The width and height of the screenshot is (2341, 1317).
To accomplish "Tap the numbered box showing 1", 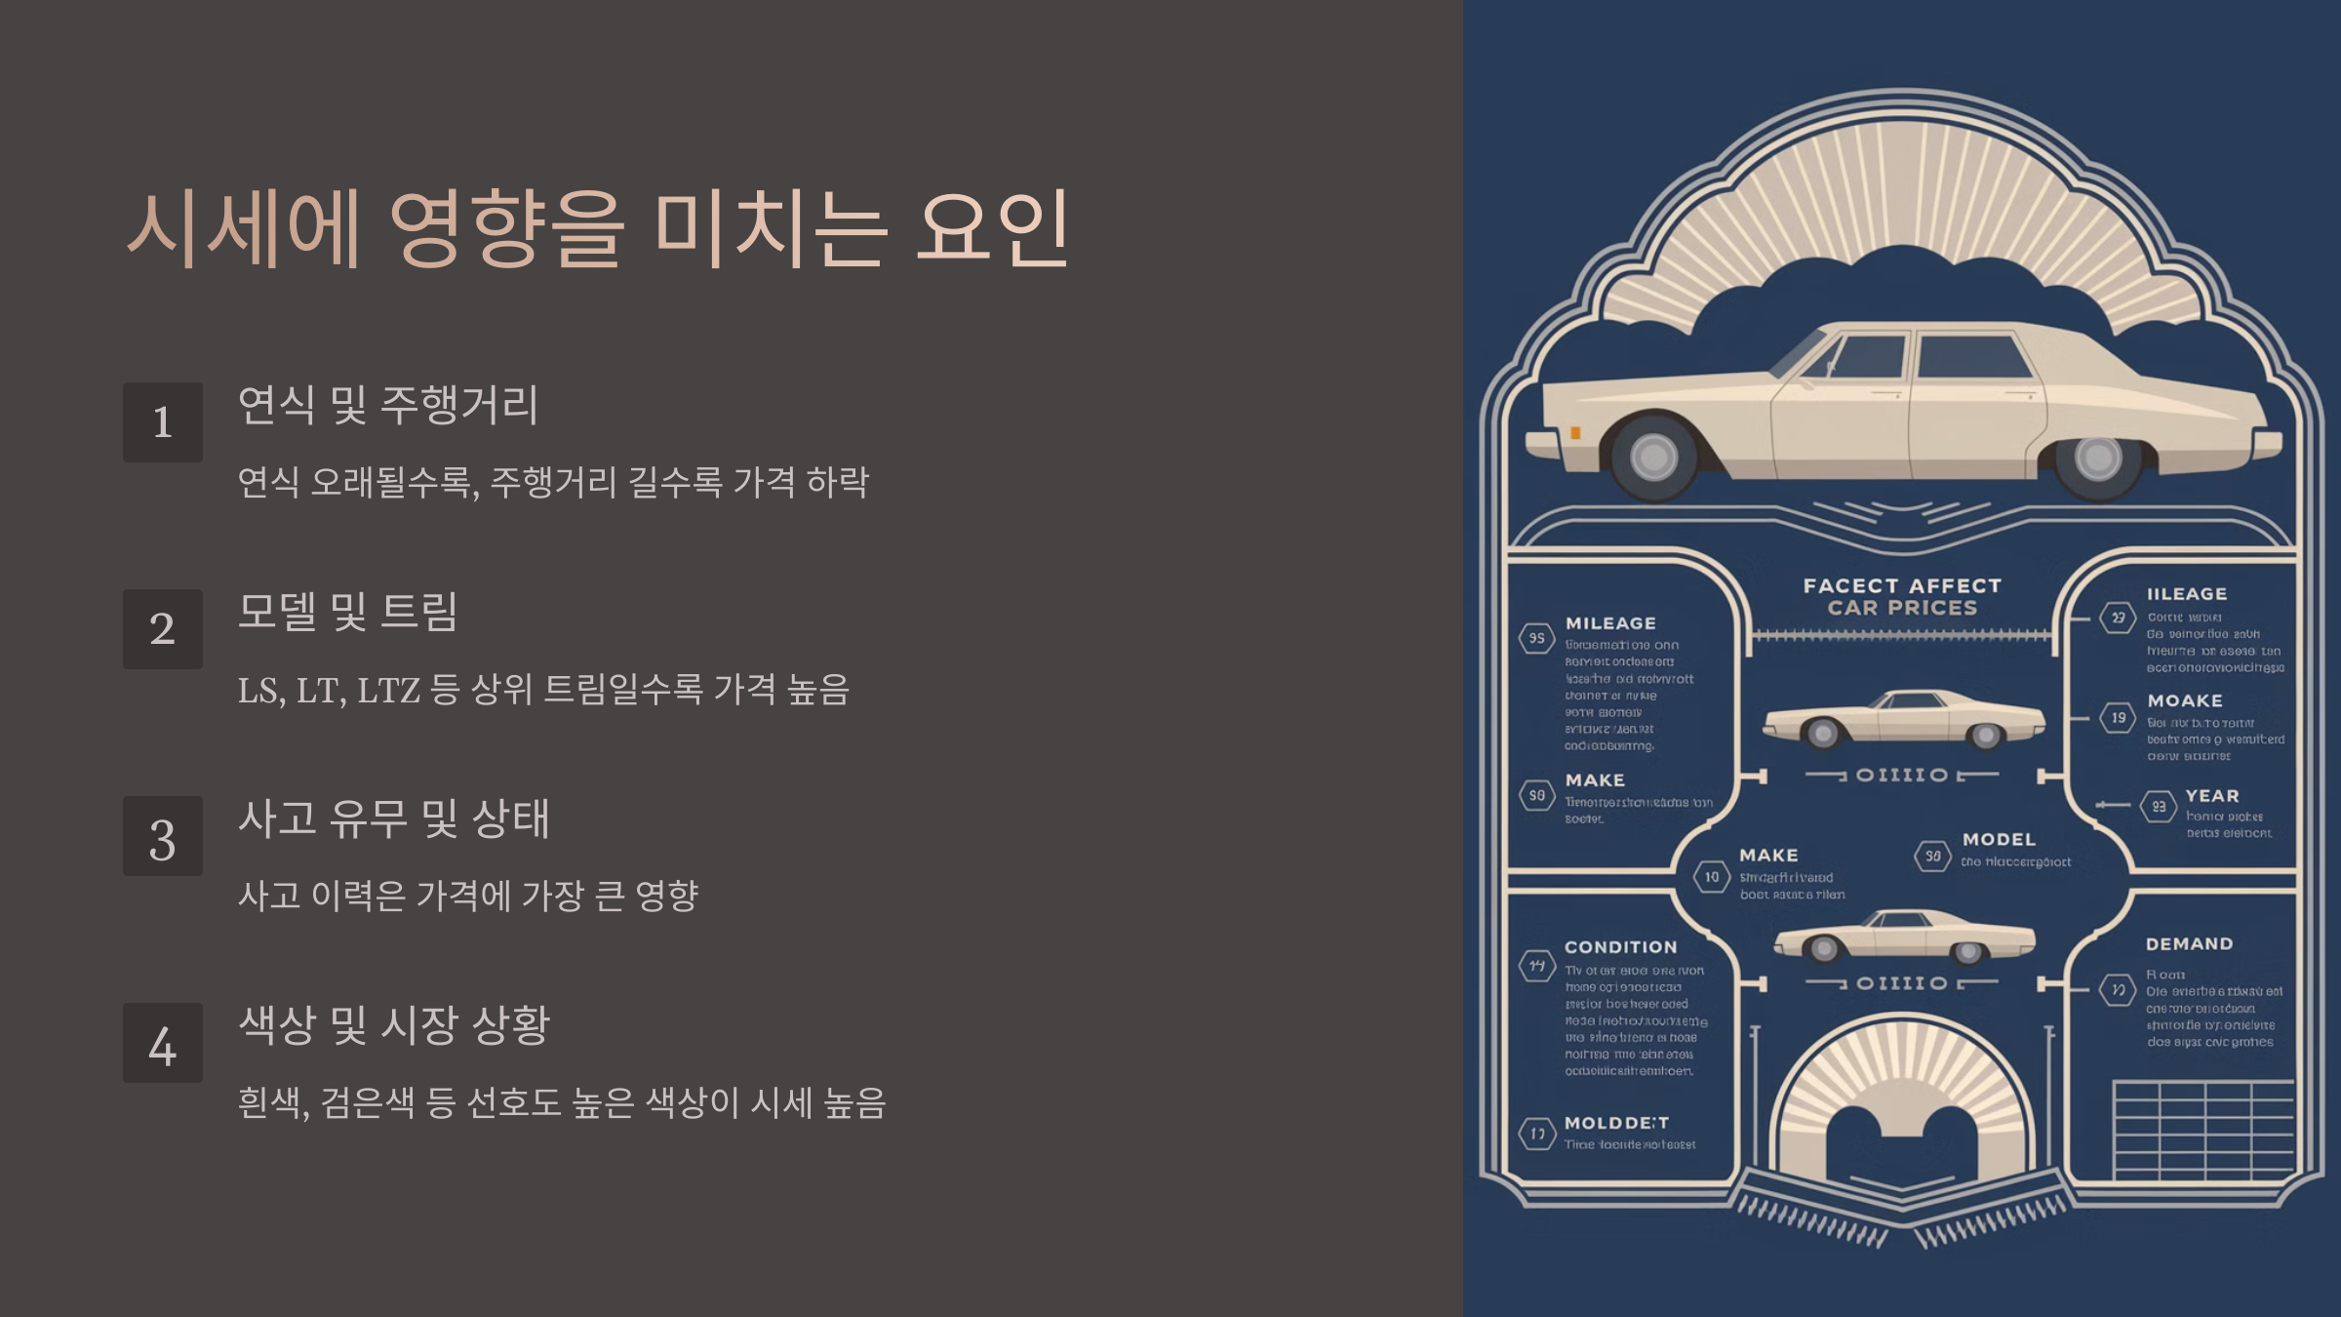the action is pyautogui.click(x=163, y=422).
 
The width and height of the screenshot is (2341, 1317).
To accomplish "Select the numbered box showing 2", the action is pyautogui.click(x=163, y=629).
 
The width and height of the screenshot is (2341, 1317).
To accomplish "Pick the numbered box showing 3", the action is pyautogui.click(x=163, y=837).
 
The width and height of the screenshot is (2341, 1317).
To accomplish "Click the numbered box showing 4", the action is pyautogui.click(x=163, y=1044).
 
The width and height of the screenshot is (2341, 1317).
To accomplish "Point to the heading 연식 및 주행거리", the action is pyautogui.click(x=387, y=405).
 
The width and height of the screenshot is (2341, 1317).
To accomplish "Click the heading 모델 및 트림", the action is pyautogui.click(x=347, y=612).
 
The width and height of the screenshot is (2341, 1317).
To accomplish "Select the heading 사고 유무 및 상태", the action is pyautogui.click(x=394, y=818).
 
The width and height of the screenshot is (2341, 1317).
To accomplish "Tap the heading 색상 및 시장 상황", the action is pyautogui.click(x=394, y=1025).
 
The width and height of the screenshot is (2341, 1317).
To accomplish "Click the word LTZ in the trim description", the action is pyautogui.click(x=388, y=691).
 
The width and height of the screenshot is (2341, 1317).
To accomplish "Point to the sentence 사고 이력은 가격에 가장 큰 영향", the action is pyautogui.click(x=468, y=896).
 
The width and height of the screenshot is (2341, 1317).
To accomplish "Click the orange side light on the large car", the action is pyautogui.click(x=1575, y=433).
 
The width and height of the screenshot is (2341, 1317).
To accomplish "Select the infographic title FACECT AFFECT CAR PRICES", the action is pyautogui.click(x=1902, y=597).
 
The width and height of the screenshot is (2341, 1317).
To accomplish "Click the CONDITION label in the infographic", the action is pyautogui.click(x=1620, y=947).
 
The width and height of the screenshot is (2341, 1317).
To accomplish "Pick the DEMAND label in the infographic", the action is pyautogui.click(x=2189, y=944).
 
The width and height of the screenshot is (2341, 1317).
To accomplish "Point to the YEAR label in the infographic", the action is pyautogui.click(x=2212, y=796).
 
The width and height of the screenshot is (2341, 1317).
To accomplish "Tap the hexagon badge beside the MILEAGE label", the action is pyautogui.click(x=1536, y=638).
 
